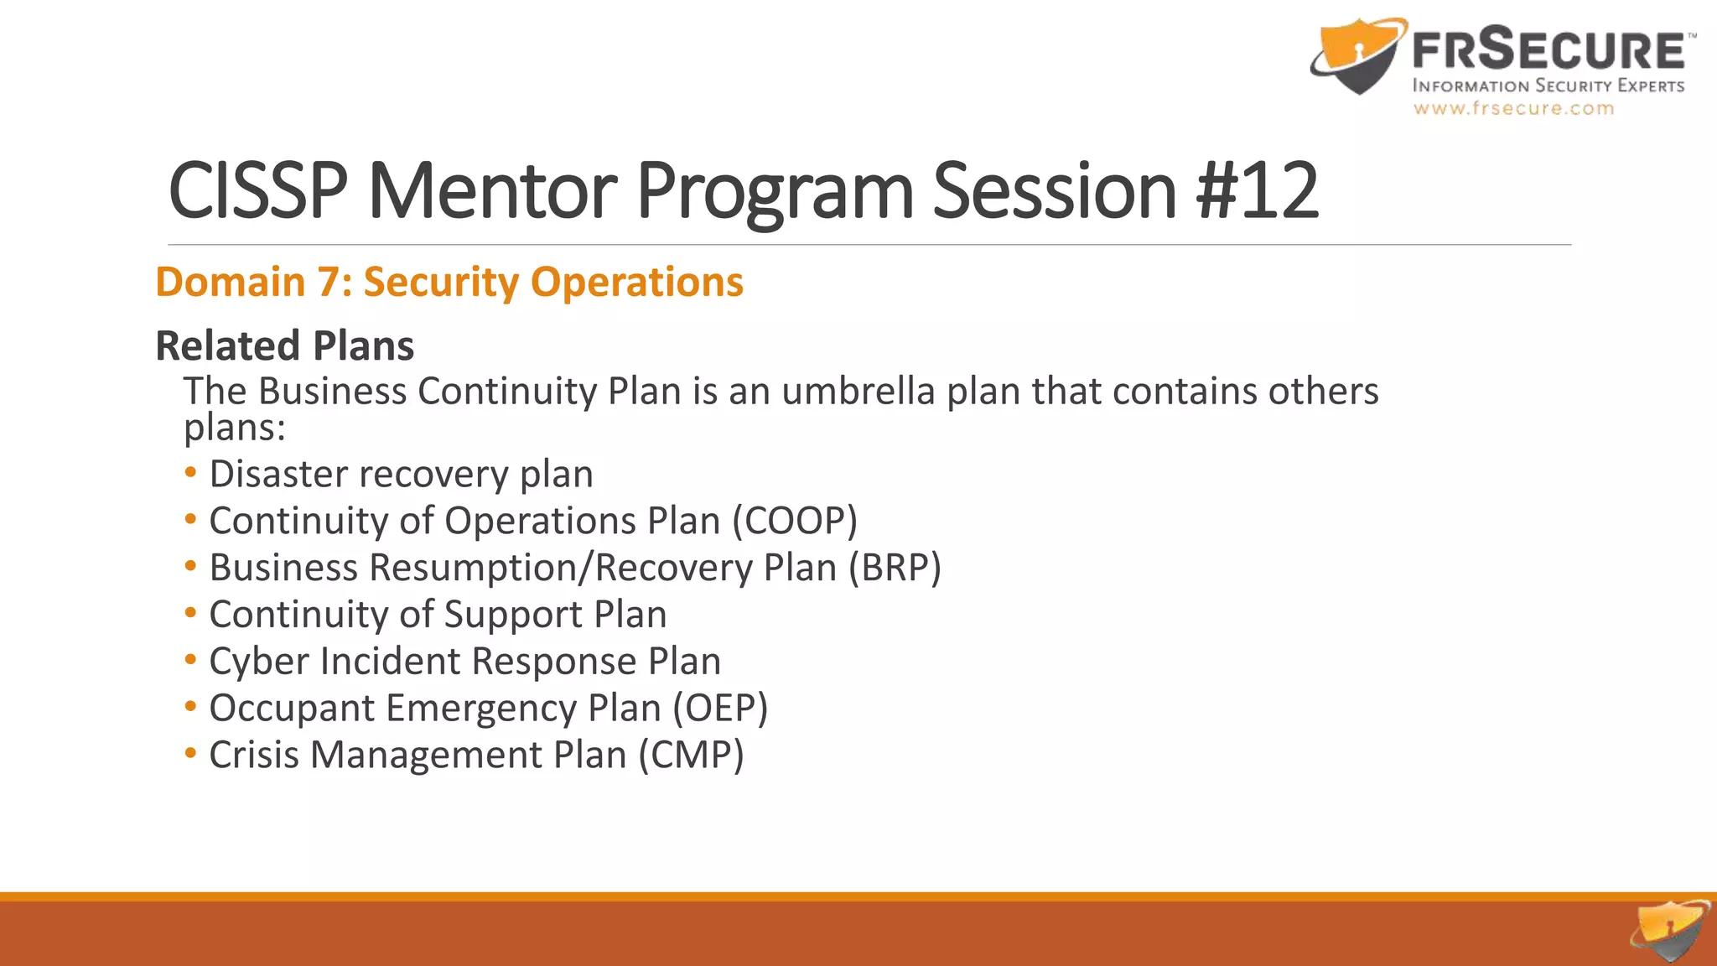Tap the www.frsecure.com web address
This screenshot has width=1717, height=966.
point(1513,108)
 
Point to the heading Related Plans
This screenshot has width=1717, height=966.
point(285,345)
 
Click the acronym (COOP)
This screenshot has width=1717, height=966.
point(795,521)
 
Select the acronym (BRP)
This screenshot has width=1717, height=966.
point(895,568)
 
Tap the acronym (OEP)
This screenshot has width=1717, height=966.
point(721,708)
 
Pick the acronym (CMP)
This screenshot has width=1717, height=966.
point(691,755)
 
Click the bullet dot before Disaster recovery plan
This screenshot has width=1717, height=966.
point(191,473)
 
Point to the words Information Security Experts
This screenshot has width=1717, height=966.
point(1548,86)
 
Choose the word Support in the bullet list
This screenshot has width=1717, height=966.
point(513,615)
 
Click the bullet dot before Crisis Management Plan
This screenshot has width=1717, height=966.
point(191,753)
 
